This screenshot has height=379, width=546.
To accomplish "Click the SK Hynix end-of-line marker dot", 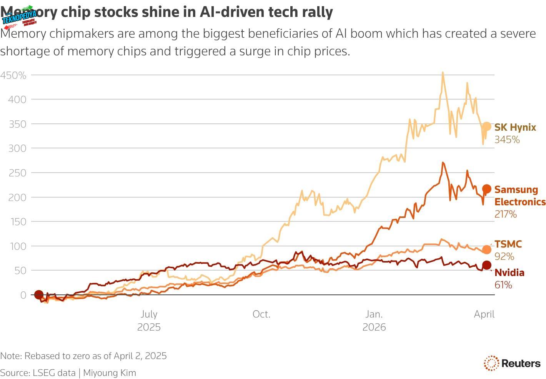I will coord(486,126).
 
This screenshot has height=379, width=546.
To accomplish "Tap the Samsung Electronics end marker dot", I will coord(486,189).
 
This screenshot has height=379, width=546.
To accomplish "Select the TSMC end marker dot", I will coord(486,249).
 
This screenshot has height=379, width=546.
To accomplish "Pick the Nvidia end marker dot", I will coord(486,265).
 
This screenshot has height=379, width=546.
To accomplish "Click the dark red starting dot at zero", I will coord(38,295).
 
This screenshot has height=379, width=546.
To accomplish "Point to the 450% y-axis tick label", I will coord(13,75).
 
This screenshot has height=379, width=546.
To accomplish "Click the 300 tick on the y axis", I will coord(17,148).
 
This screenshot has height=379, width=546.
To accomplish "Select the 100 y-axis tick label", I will coord(17,246).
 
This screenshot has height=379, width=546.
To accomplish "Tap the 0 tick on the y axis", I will coord(23,295).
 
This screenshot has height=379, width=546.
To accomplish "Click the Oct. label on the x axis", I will coord(261,314).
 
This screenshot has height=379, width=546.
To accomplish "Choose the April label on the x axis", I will coord(484,314).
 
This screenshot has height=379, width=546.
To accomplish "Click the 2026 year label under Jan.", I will coord(374,327).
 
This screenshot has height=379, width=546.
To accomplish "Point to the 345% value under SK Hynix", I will coord(507,140).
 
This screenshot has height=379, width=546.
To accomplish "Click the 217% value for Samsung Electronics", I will coord(505,214).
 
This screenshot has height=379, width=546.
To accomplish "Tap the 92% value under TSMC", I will coord(504,257).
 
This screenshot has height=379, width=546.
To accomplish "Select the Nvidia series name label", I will coord(509,273).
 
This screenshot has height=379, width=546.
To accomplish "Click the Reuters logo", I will coord(512,363).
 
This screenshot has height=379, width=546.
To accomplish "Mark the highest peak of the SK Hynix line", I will coord(443,72).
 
